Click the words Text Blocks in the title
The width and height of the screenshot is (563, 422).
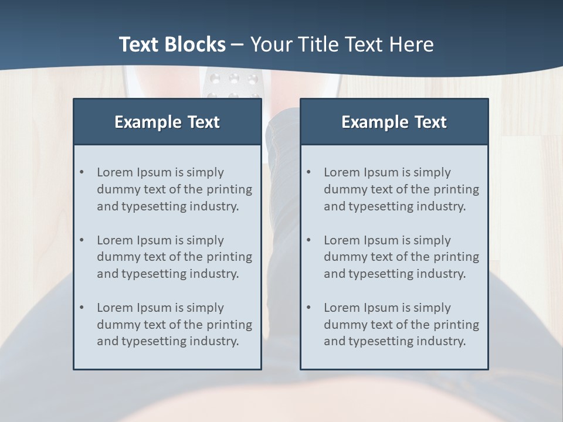click(x=172, y=45)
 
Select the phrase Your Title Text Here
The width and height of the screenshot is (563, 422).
click(x=342, y=45)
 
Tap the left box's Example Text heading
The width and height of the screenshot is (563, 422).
click(x=167, y=122)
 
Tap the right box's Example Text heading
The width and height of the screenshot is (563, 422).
click(x=394, y=122)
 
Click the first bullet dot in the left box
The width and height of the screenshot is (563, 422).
click(x=82, y=172)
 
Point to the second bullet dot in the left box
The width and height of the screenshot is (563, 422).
click(x=82, y=240)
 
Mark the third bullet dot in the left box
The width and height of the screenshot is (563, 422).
click(x=82, y=308)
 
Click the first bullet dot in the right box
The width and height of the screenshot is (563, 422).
click(x=308, y=172)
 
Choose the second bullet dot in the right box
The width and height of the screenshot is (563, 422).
click(x=308, y=240)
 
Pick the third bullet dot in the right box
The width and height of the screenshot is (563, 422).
click(x=308, y=308)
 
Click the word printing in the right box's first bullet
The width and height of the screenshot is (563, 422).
click(x=457, y=189)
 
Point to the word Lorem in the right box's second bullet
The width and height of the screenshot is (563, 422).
click(x=342, y=240)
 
